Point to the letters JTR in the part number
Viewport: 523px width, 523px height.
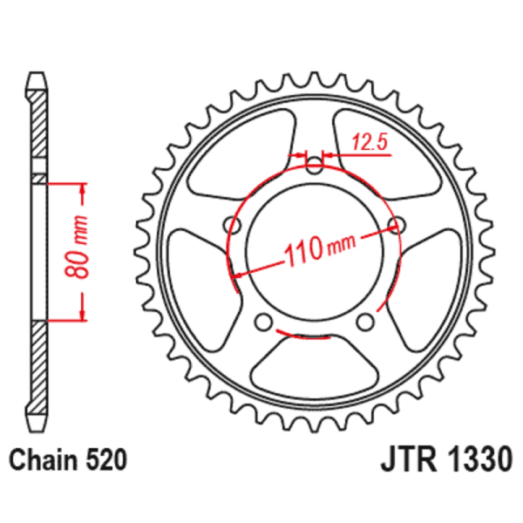pyautogui.click(x=403, y=459)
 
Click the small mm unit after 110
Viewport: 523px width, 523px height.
pyautogui.click(x=341, y=247)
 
